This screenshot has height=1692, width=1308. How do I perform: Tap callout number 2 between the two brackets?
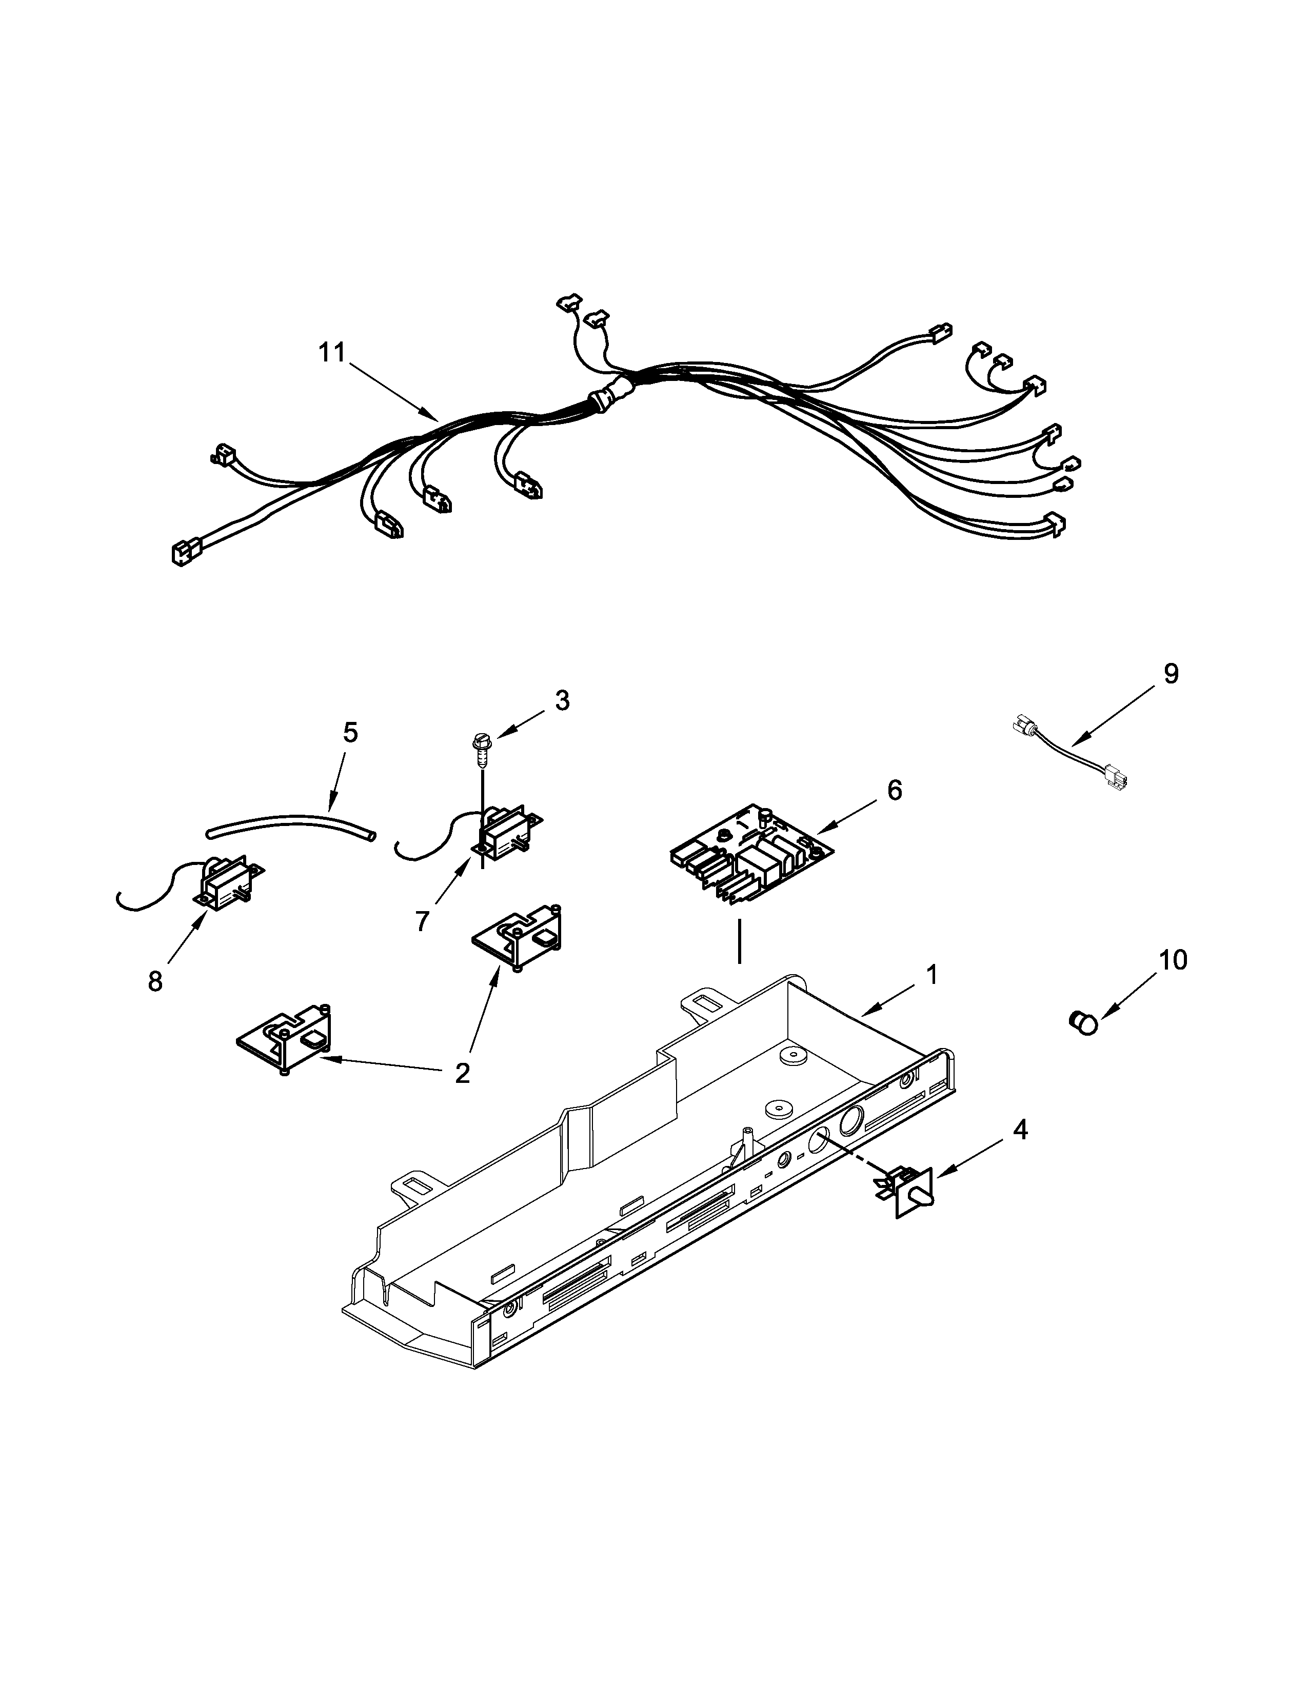[462, 1073]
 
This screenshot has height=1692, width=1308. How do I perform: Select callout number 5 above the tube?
[350, 732]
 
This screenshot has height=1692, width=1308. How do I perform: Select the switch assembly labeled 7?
[504, 833]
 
